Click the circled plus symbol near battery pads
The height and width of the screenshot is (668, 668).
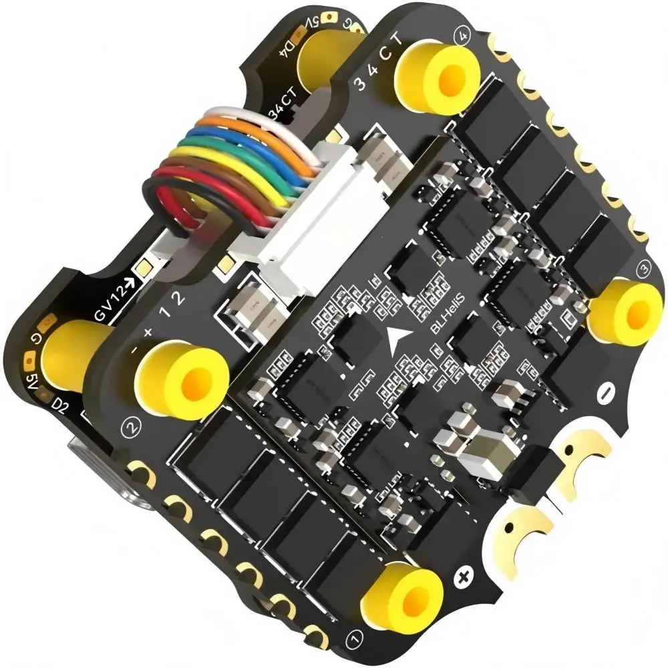click(462, 576)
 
